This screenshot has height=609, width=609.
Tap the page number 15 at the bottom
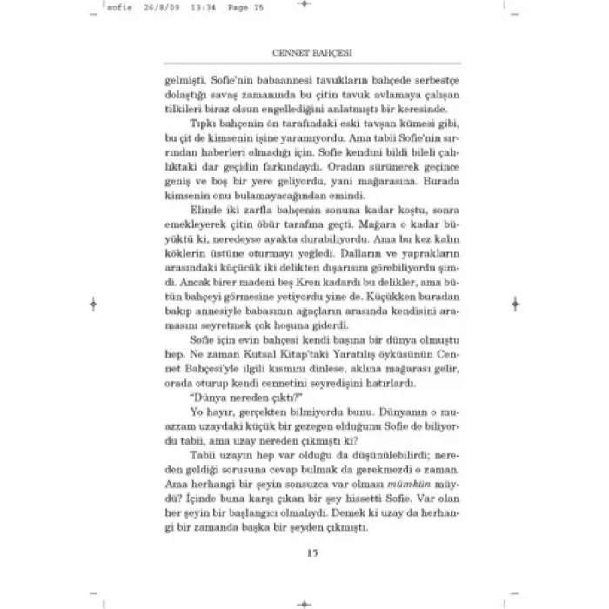click(x=304, y=550)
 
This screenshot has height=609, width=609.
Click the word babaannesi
click(x=258, y=77)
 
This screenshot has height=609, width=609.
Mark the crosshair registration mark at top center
click(x=304, y=6)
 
